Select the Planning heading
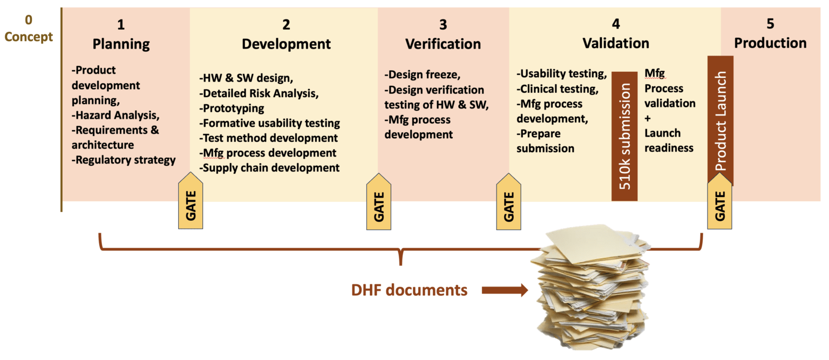coord(121,43)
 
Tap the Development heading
coord(286,43)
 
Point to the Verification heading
coord(443,43)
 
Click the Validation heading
coord(616,43)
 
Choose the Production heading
coord(770,43)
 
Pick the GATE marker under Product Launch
coord(720,205)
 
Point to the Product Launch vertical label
coord(720,121)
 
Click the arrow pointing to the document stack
coord(504,291)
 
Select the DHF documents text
coord(409,290)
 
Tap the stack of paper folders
coord(594,289)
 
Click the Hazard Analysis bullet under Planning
coord(116,114)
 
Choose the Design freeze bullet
coord(423,74)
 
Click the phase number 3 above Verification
coord(443,24)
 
